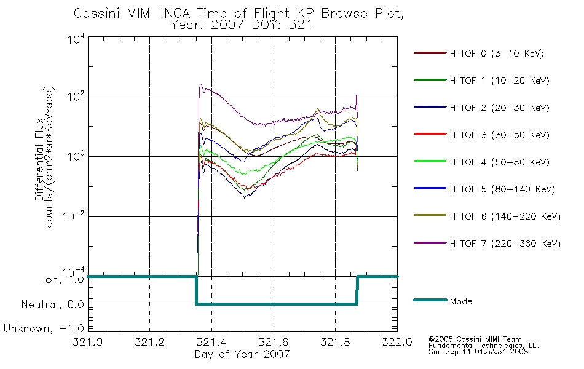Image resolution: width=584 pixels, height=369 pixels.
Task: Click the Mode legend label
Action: coord(460,301)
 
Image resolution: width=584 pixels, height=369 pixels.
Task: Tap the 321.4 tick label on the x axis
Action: coord(211,342)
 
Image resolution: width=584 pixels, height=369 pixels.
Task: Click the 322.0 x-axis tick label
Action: coord(397,342)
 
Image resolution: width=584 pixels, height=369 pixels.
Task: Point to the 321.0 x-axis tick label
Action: coord(87,342)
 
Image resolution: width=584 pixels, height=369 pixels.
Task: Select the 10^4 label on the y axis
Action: coord(76,39)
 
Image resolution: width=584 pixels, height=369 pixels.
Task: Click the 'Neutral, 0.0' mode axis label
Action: coord(52,304)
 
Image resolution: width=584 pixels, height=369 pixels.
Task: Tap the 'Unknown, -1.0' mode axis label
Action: coord(44,328)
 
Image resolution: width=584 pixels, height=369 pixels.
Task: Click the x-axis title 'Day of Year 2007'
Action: coord(242,354)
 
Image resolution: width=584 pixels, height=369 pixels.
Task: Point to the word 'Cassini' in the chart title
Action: coord(98,14)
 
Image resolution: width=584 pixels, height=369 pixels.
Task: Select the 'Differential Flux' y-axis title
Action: coord(39,159)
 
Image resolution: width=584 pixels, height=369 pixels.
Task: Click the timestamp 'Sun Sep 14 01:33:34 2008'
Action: coord(478,352)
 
